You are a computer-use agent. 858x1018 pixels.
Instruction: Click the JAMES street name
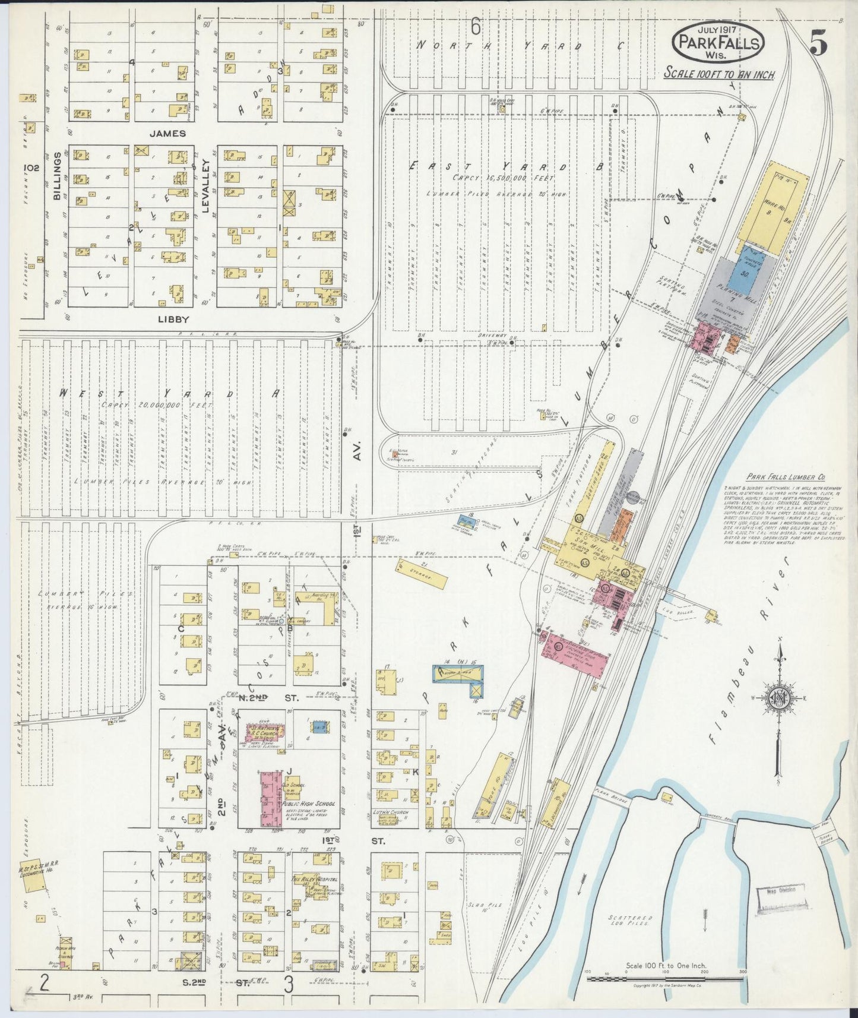coord(167,134)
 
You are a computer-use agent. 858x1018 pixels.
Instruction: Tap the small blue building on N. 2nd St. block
coord(318,725)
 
